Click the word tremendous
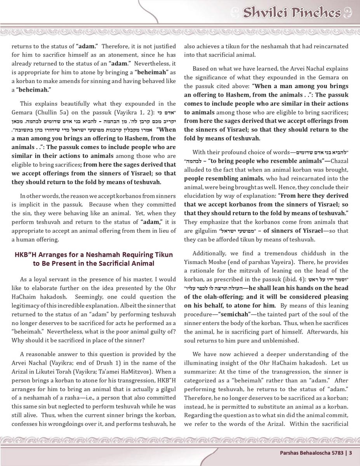pos(268,253)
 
